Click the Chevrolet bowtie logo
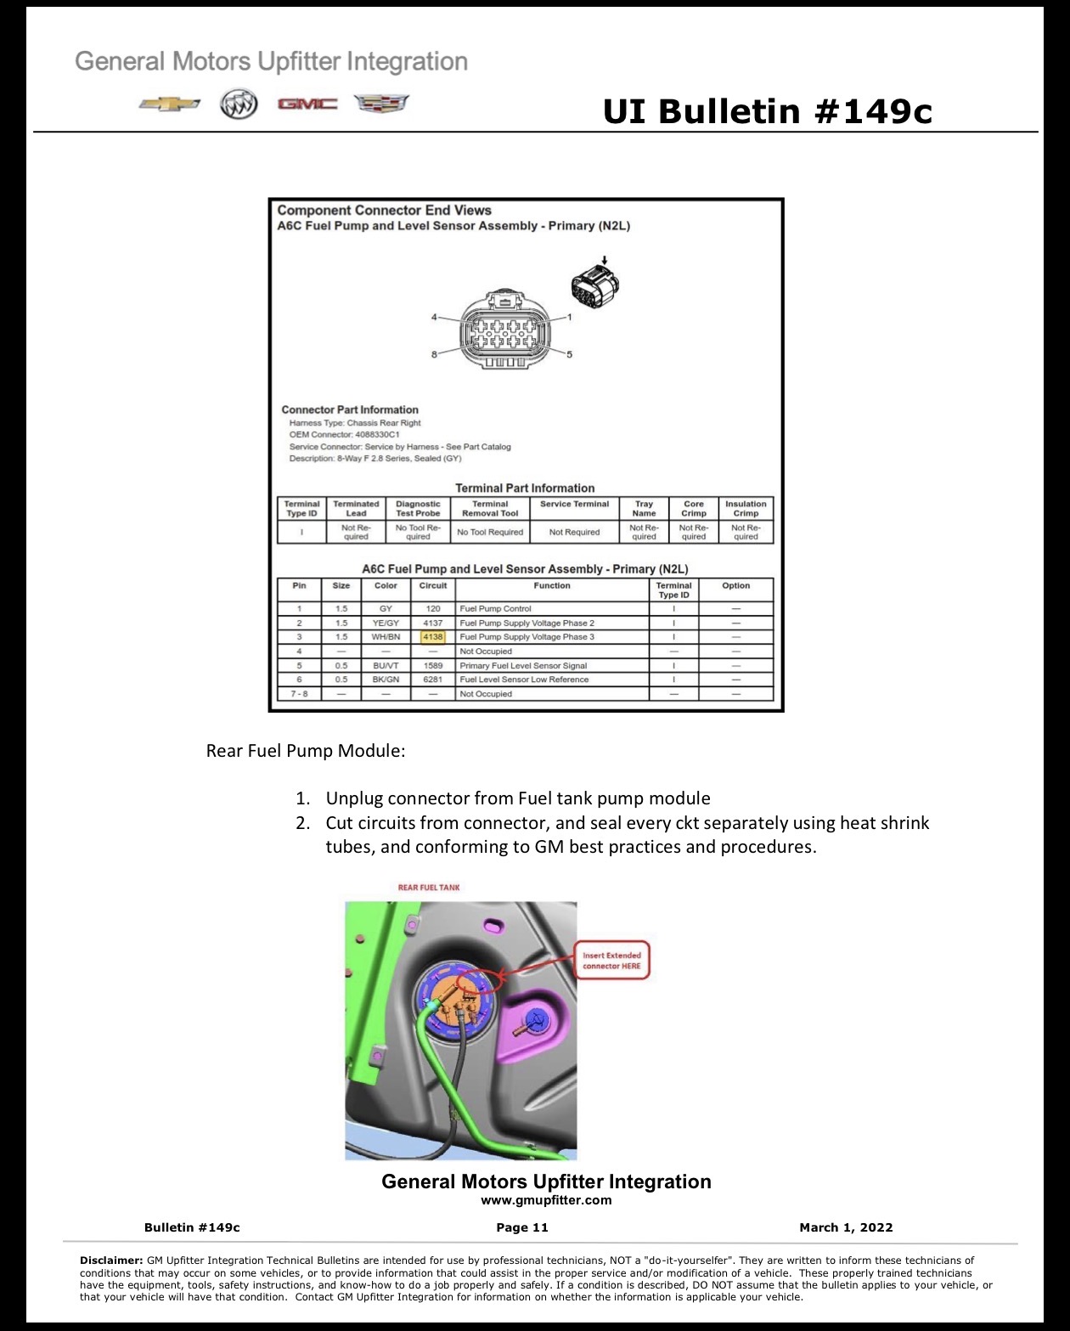click(170, 104)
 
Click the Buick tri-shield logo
click(239, 104)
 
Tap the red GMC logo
click(307, 104)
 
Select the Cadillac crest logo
click(381, 104)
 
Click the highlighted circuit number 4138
click(433, 636)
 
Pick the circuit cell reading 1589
click(433, 666)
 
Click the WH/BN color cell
click(386, 636)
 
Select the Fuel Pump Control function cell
click(495, 609)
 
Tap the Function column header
click(552, 586)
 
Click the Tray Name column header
click(644, 509)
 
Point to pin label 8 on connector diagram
click(434, 354)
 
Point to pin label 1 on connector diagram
click(570, 318)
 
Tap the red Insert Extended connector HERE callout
click(611, 961)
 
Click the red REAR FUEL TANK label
click(429, 888)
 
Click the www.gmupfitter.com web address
click(546, 1200)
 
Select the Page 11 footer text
click(522, 1227)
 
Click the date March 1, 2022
click(846, 1227)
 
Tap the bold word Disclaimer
click(111, 1260)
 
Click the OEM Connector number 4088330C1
click(377, 435)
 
